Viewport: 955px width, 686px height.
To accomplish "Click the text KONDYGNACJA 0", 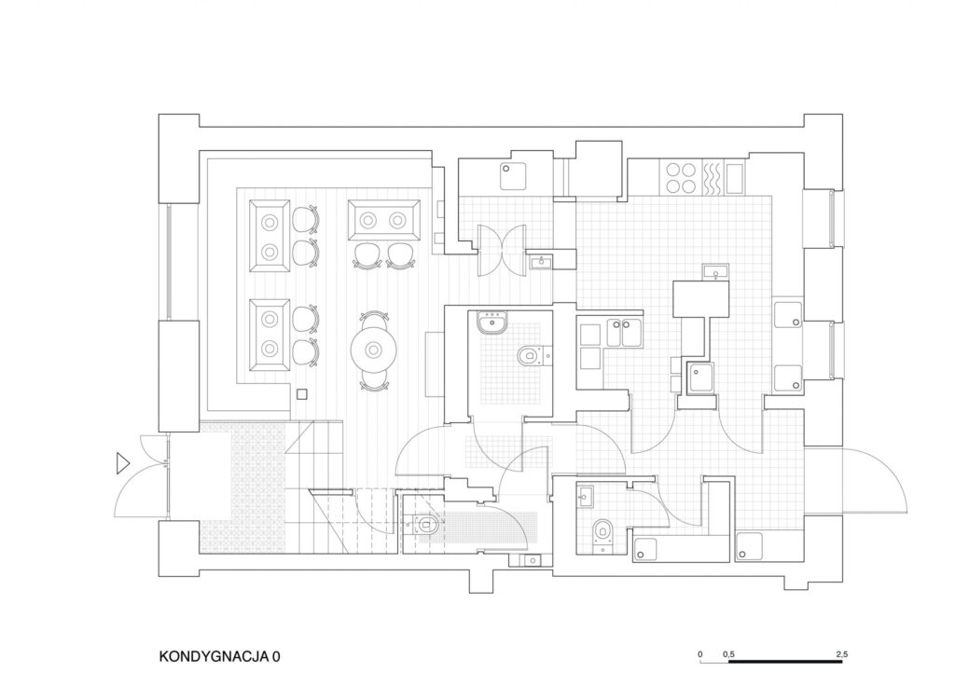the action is tap(219, 657).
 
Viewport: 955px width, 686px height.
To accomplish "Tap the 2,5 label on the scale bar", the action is tap(841, 654).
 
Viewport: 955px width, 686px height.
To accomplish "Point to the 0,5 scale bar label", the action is tap(728, 654).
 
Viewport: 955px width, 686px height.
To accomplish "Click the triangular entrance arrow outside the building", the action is tap(123, 464).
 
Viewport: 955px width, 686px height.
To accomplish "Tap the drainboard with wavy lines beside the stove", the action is tap(713, 178).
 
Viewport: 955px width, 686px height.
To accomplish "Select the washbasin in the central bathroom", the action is tap(491, 322).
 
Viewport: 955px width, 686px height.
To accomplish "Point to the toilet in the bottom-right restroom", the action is tap(602, 530).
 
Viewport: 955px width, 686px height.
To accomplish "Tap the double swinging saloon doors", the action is tap(501, 250).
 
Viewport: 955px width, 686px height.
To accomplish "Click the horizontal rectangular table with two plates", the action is tap(383, 220).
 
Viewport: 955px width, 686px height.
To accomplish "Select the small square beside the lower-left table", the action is tap(302, 394).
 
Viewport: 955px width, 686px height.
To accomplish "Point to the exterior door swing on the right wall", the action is tap(874, 481).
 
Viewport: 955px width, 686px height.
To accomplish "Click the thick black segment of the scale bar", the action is tap(785, 661).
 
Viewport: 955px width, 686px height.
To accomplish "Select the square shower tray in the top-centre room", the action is tap(514, 176).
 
